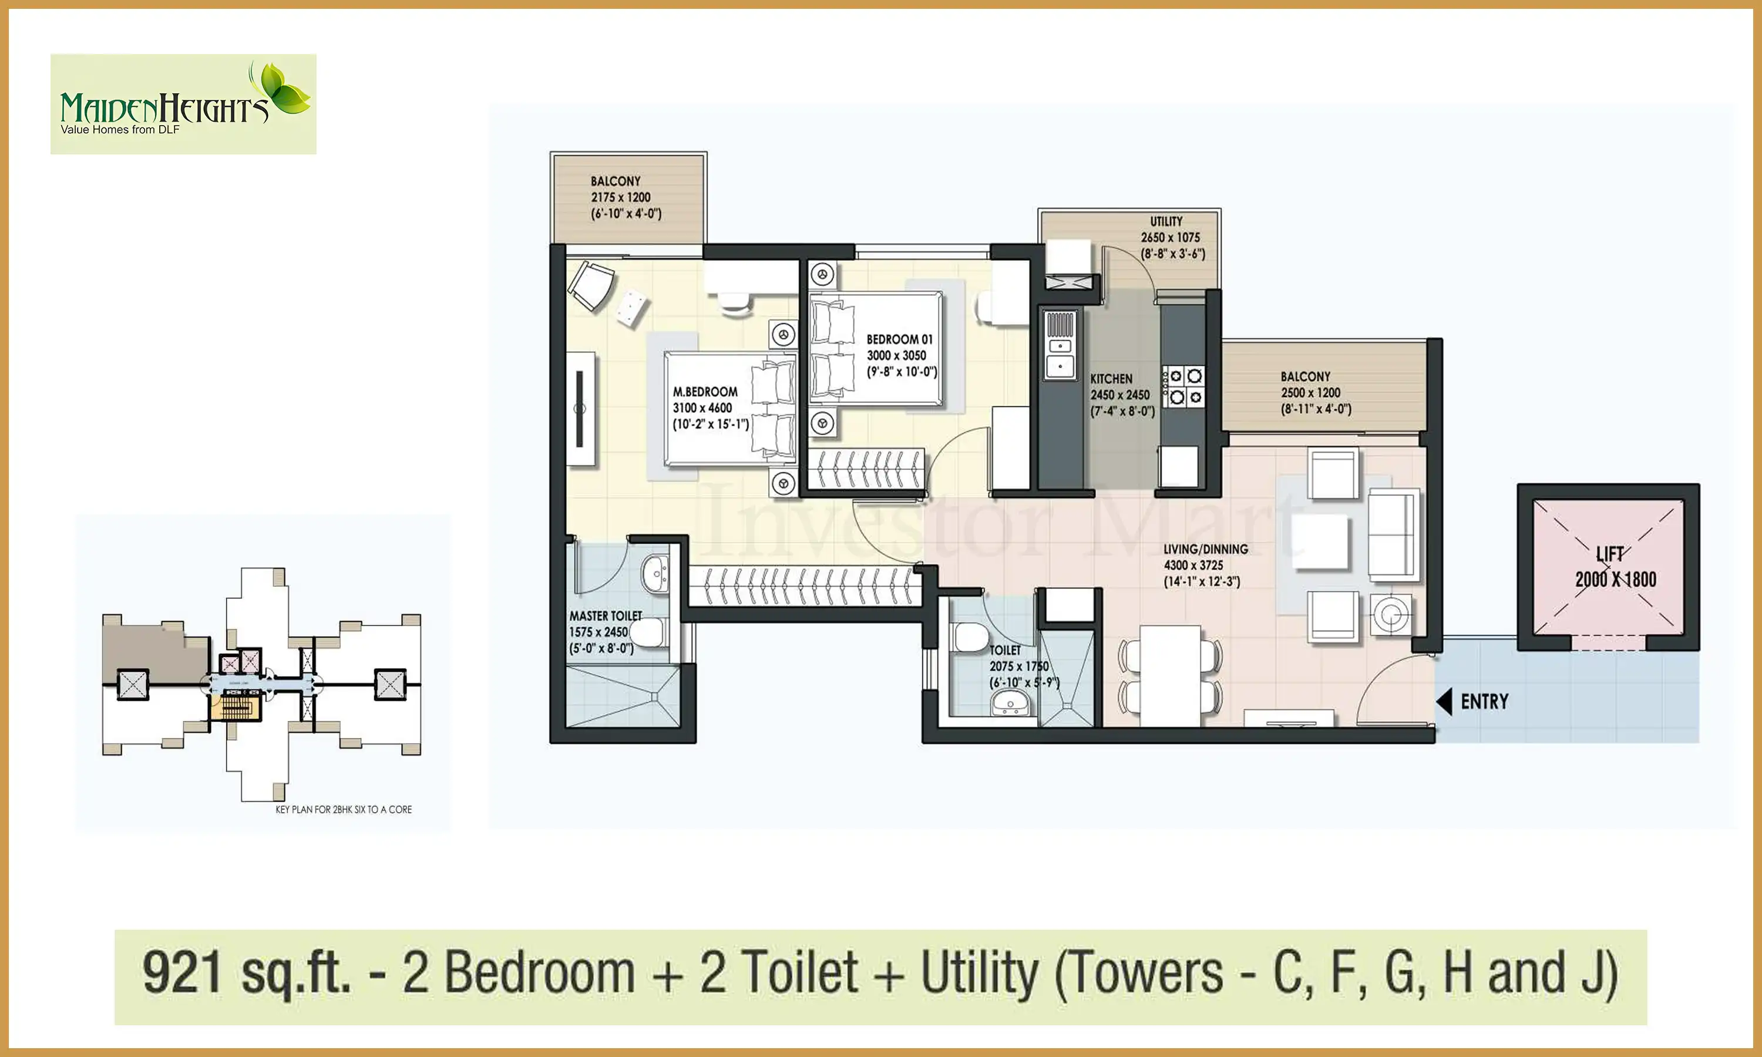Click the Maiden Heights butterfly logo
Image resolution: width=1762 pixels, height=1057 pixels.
(x=183, y=104)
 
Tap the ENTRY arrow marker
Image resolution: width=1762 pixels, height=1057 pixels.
(x=1444, y=702)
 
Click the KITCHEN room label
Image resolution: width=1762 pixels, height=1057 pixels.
(x=1111, y=379)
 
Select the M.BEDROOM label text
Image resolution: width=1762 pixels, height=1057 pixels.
(x=705, y=392)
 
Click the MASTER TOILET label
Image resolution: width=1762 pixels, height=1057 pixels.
(x=606, y=616)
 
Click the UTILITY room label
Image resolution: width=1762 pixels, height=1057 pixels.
(x=1166, y=221)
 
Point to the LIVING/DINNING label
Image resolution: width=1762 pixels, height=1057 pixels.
(x=1206, y=549)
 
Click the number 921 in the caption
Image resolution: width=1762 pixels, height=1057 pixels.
(x=182, y=972)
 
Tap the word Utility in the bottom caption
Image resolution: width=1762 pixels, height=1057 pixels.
(x=980, y=974)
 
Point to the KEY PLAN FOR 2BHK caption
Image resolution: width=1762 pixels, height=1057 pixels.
(x=343, y=810)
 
